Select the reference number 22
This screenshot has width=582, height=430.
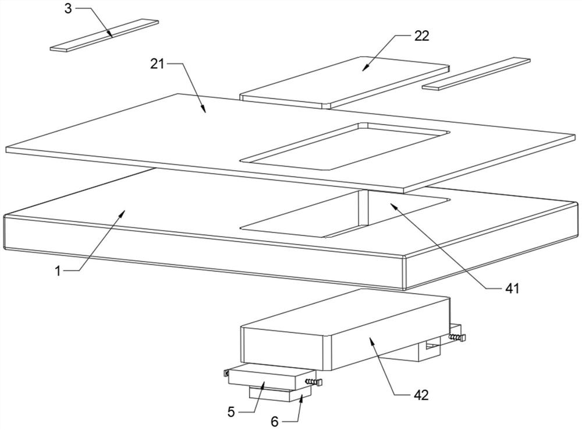pos(422,36)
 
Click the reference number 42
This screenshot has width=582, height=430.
pos(421,395)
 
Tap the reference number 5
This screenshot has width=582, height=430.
pos(231,411)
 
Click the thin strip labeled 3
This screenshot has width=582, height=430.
pos(105,36)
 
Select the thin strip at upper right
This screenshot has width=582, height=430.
pos(476,73)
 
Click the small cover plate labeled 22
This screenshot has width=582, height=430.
pos(343,82)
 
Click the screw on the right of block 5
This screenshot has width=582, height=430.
pos(314,382)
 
